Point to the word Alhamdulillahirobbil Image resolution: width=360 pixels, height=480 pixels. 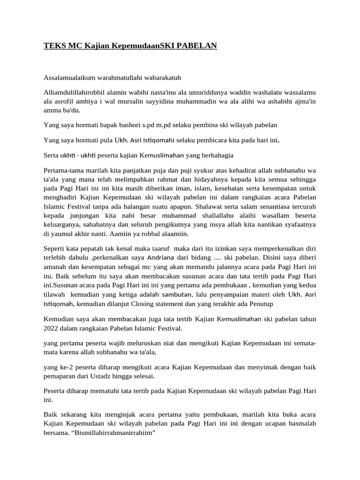click(x=74, y=93)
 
